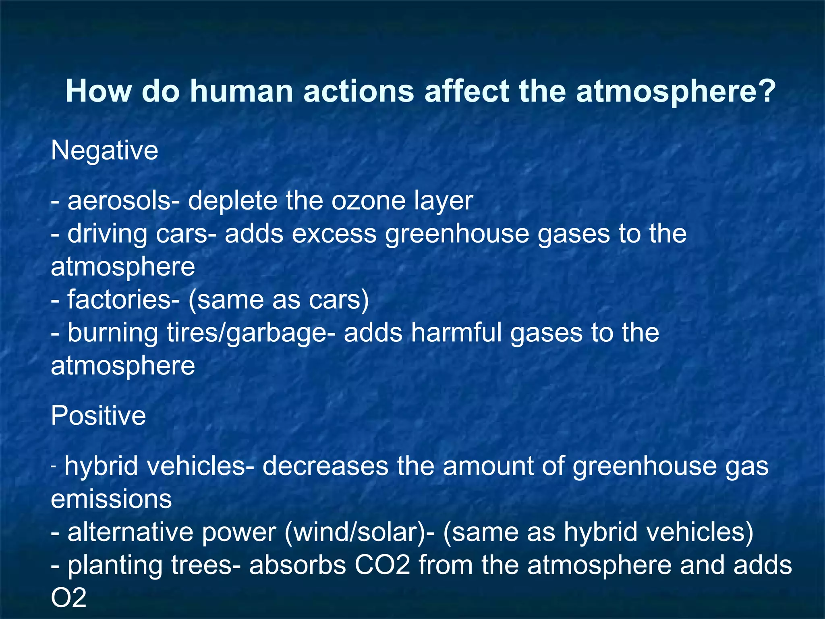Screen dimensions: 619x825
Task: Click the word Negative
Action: click(104, 151)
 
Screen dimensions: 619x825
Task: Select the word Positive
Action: click(98, 416)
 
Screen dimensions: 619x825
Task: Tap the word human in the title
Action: click(241, 91)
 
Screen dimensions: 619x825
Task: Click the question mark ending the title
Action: click(766, 91)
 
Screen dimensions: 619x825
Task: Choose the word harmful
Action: click(456, 333)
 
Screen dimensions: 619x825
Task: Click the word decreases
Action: click(325, 466)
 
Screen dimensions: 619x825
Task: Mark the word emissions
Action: click(111, 499)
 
